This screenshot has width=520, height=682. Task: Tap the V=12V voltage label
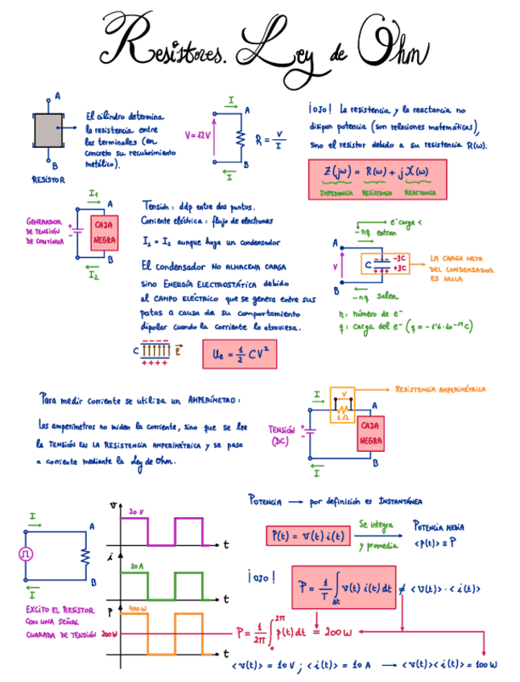click(197, 135)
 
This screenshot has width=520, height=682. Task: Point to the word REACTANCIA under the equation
click(420, 193)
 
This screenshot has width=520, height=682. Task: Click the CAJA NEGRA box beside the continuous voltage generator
click(105, 233)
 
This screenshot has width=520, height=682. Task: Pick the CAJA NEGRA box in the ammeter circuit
click(370, 433)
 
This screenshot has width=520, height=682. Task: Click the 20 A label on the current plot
click(136, 566)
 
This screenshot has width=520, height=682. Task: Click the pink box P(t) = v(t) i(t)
click(309, 536)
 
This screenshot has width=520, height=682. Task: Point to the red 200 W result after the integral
click(338, 632)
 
